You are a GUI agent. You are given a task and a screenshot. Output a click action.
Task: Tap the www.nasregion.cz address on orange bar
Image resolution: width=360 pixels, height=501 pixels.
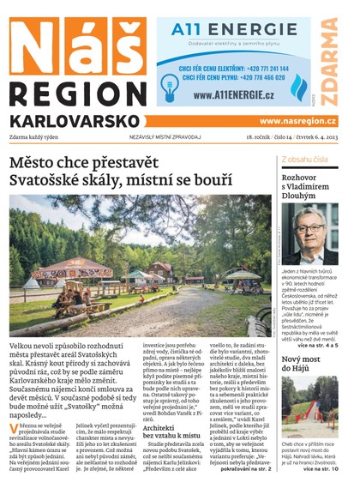tap(297, 121)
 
